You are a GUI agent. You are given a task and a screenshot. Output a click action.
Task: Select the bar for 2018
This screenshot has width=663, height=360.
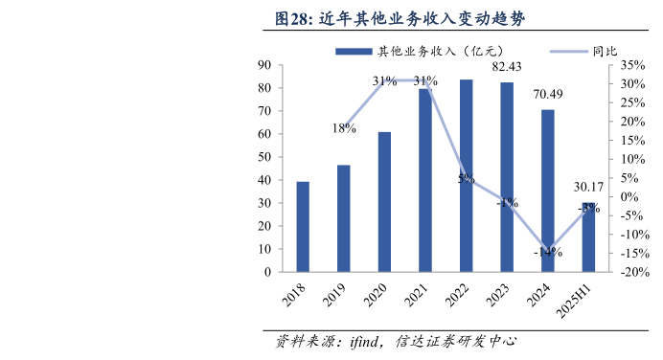(303, 226)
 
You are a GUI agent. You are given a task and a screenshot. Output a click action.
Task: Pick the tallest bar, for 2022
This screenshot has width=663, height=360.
(466, 175)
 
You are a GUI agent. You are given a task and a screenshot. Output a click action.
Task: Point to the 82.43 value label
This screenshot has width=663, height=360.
(507, 67)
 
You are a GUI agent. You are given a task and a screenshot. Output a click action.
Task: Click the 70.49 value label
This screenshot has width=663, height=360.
(548, 94)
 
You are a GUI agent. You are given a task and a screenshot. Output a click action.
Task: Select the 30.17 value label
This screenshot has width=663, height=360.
(588, 187)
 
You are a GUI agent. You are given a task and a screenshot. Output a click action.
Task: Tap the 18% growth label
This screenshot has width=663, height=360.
(344, 128)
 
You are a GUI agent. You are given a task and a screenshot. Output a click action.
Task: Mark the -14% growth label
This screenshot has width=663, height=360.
(547, 252)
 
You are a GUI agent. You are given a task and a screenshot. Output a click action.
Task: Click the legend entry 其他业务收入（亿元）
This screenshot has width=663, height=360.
(414, 50)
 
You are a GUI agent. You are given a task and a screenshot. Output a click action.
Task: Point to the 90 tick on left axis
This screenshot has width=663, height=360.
(263, 65)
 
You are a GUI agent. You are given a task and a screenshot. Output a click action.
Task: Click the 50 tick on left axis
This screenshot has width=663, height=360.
(263, 157)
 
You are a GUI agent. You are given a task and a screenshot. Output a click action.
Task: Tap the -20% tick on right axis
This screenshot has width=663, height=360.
(633, 272)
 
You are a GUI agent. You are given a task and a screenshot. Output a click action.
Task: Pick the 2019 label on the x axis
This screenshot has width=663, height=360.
(334, 295)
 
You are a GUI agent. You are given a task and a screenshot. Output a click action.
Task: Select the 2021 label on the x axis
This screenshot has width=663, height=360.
(416, 295)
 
